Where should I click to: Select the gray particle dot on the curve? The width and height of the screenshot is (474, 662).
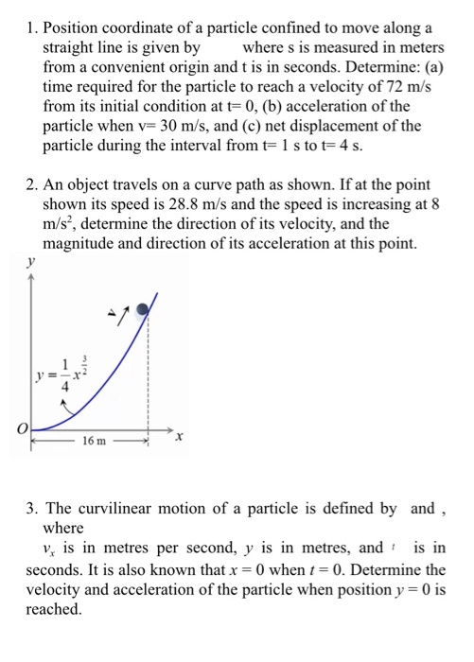tap(143, 308)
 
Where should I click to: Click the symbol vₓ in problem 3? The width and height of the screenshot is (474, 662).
tap(52, 548)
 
